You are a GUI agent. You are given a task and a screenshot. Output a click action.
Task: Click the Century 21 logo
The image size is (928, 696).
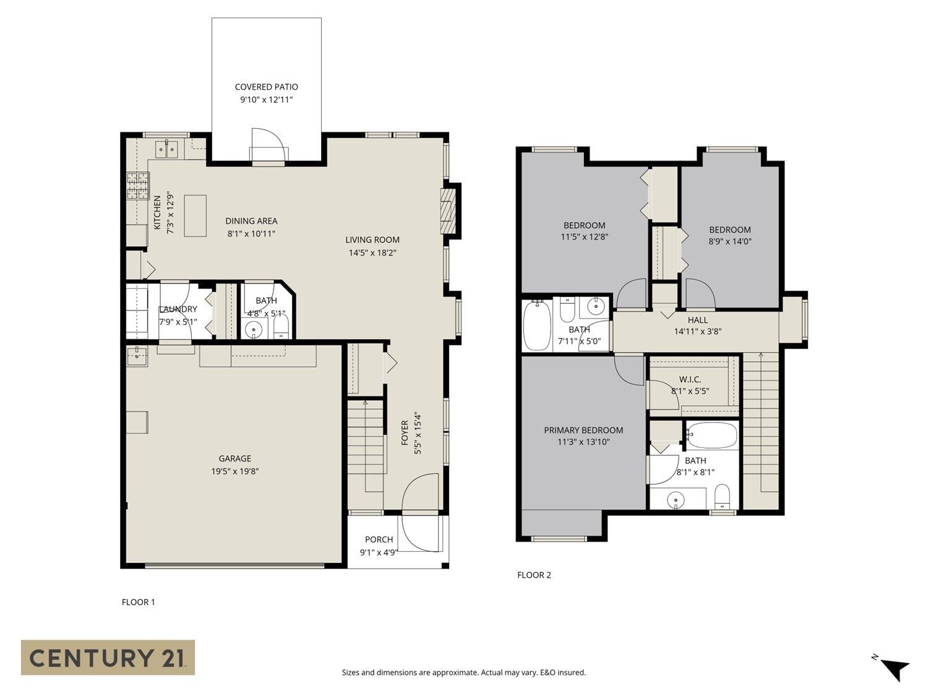click(x=108, y=657)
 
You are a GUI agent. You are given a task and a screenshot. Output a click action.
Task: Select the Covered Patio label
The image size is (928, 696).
click(x=267, y=87)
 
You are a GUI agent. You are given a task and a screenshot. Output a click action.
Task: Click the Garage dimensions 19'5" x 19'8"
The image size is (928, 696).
click(x=235, y=471)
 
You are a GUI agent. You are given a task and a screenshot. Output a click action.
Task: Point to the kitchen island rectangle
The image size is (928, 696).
click(x=195, y=216)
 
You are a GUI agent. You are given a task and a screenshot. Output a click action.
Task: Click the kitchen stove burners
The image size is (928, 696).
click(x=138, y=186)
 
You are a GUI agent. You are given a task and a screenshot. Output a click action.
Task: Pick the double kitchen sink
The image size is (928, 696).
click(x=167, y=148)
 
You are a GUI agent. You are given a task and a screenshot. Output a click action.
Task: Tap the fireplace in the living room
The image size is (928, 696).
click(x=449, y=210)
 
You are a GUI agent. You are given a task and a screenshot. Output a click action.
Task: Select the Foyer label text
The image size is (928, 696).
click(x=405, y=432)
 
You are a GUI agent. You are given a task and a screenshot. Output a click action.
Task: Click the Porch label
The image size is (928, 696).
click(x=379, y=539)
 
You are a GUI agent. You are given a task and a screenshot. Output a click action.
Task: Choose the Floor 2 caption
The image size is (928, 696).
click(x=534, y=575)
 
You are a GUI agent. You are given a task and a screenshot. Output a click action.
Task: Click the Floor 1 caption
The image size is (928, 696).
click(x=138, y=602)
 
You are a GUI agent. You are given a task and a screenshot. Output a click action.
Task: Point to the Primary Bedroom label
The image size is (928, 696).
click(x=583, y=430)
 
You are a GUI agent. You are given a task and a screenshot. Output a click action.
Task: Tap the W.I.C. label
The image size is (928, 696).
click(x=690, y=379)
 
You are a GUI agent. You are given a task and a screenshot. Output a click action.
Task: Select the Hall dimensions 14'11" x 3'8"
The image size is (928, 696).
click(x=698, y=332)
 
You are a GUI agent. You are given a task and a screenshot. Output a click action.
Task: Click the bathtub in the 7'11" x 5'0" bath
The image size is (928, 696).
click(x=537, y=326)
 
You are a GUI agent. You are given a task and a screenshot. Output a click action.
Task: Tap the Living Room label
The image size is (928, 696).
click(x=372, y=240)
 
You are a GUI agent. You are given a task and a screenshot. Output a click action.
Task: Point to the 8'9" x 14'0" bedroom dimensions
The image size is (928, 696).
click(x=730, y=241)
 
